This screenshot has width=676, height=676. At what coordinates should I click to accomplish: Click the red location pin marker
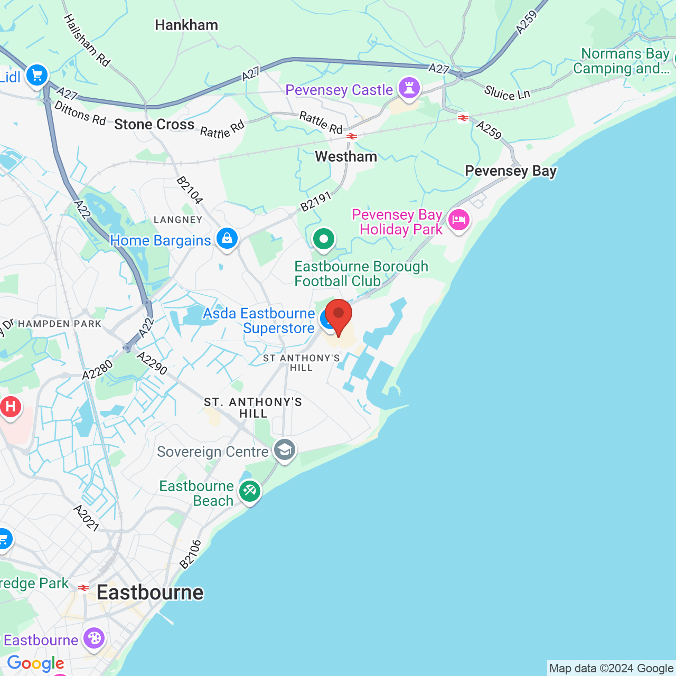(x=338, y=315)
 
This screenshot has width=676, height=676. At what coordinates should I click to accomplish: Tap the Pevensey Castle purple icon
(x=409, y=88)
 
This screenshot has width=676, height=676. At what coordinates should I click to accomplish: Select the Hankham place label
(x=186, y=25)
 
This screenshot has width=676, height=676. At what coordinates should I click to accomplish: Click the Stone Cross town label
(x=154, y=125)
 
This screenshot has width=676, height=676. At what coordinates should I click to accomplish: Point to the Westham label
(x=346, y=157)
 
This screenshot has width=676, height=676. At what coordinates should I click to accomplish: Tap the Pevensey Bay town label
(x=511, y=171)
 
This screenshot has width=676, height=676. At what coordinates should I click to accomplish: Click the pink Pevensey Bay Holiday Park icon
(x=458, y=220)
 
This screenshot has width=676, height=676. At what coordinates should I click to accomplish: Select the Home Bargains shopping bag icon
(x=227, y=239)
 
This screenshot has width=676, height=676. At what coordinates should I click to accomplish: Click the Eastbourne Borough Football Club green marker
(x=324, y=239)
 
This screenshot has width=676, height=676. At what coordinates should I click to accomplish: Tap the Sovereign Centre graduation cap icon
(x=285, y=450)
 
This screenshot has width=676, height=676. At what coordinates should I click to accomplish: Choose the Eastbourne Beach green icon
(x=249, y=492)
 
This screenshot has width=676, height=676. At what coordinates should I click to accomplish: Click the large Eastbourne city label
(x=150, y=593)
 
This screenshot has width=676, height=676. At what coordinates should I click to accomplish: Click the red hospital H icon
(x=11, y=407)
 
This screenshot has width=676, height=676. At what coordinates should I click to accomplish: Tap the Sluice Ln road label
(x=506, y=93)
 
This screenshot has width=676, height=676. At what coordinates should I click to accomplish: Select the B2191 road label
(x=316, y=201)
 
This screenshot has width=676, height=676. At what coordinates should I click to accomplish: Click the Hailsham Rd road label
(x=87, y=41)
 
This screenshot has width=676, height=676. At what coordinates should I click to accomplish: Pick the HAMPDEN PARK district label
(x=60, y=324)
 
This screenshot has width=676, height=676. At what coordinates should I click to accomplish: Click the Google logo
(x=36, y=663)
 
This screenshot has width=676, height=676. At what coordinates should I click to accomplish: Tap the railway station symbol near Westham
(x=352, y=136)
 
